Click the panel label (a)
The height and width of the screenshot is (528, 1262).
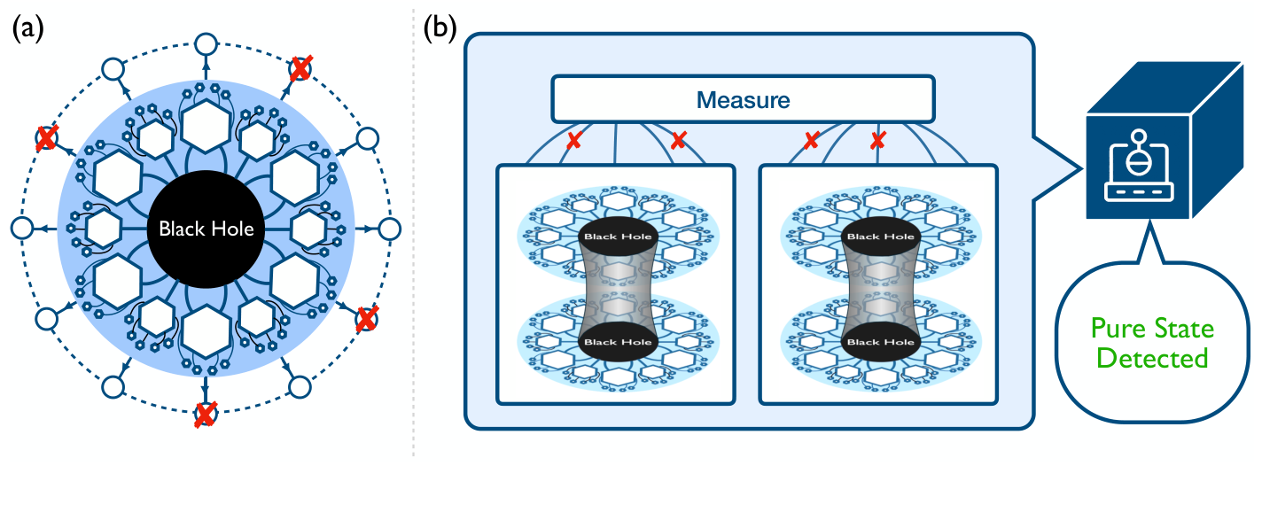pos(27,29)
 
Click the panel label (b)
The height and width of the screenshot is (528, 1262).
pos(440,29)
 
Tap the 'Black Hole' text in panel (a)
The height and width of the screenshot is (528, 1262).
pos(206,229)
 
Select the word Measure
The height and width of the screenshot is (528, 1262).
pos(743,99)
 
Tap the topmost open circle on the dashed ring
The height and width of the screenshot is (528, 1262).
pos(206,43)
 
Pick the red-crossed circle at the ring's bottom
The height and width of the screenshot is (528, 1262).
pos(206,415)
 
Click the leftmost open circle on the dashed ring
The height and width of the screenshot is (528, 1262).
pos(21,229)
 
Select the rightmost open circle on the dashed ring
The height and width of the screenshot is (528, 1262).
pos(387,229)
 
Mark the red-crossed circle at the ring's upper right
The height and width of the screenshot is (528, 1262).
pos(301,67)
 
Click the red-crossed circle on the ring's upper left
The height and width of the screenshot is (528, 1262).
pos(46,137)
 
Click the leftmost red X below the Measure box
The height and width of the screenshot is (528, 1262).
pos(573,141)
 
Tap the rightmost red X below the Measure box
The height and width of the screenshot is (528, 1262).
pos(878,141)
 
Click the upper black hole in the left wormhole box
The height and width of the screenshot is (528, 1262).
pos(617,237)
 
